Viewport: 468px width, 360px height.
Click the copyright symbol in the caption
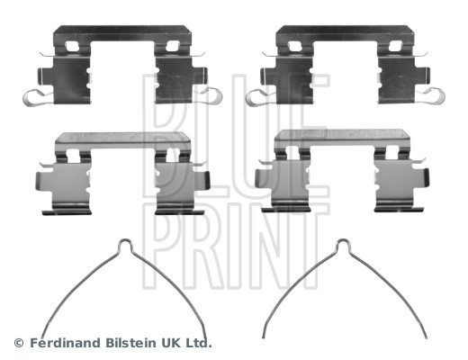pos(19,343)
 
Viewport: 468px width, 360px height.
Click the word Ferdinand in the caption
pos(65,343)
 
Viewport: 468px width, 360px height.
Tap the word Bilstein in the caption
pos(130,343)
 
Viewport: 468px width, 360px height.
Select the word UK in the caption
pos(171,343)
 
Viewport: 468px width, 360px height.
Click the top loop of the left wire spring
pos(125,243)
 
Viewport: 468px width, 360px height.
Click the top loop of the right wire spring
pos(344,243)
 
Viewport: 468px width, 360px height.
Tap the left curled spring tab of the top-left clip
pos(33,98)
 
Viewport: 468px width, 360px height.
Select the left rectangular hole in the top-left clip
pos(72,46)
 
